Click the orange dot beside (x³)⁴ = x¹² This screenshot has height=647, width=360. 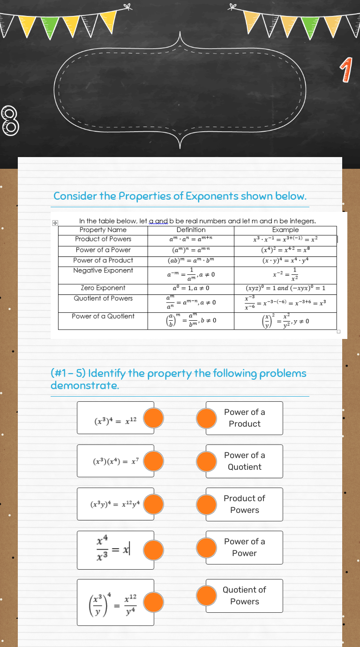(153, 418)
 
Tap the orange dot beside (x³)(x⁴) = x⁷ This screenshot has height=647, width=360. (153, 461)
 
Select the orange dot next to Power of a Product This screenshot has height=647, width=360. (206, 418)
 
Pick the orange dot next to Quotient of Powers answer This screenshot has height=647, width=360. (206, 596)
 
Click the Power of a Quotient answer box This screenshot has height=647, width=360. (245, 461)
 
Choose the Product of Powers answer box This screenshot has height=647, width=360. (245, 504)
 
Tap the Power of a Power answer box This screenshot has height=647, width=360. (245, 547)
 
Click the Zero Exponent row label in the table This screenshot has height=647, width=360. (103, 288)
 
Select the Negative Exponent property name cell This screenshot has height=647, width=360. (103, 271)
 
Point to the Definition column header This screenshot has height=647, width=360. (191, 230)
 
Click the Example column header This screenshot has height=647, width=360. (285, 230)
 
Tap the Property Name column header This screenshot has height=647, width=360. (103, 230)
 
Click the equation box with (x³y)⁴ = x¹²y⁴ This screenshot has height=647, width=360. (116, 504)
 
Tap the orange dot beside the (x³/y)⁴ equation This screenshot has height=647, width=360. (153, 602)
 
